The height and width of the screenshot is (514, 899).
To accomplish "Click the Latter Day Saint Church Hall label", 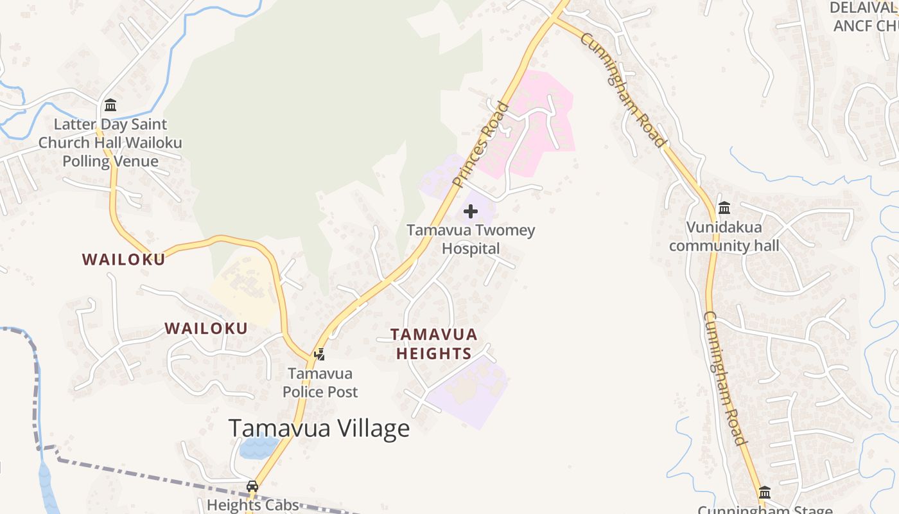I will coord(110,142).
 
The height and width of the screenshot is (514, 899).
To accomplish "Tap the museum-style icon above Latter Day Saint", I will coord(110,105).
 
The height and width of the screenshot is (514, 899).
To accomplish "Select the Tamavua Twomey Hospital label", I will coord(471,239).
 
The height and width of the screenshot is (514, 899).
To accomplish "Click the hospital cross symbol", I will coord(471,211).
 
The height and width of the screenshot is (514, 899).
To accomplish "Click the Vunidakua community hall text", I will coord(724,236).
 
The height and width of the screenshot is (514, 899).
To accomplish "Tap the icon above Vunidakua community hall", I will coord(724,208).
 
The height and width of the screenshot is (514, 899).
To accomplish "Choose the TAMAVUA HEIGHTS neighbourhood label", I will coord(434,344).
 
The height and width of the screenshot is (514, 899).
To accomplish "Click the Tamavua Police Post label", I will coord(320,382).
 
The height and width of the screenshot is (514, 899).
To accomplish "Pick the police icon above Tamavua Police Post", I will coord(319,354).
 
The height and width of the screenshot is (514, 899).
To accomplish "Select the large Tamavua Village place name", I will coord(319,429).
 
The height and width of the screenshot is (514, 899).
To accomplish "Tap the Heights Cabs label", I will coord(252,505).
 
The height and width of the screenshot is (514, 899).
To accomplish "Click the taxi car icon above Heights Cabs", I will coord(252,486).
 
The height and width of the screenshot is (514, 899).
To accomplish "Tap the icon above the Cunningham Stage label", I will coord(764,493).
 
